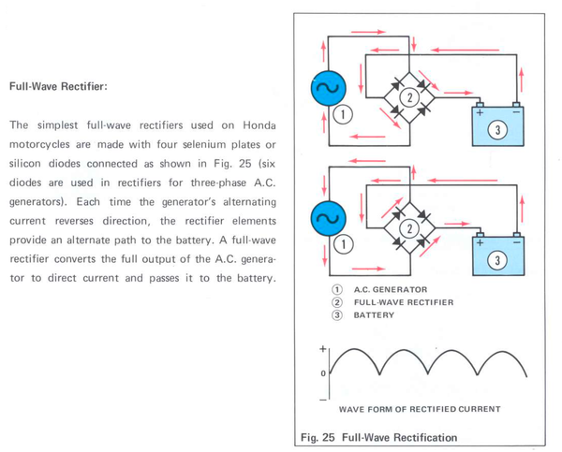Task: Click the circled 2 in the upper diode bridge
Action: coord(407,96)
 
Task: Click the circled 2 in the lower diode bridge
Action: coord(407,227)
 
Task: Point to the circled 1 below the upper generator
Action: coord(342,115)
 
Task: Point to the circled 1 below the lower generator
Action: coord(342,245)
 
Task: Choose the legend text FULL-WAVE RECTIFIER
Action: coord(404,303)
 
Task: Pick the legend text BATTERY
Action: coord(375,315)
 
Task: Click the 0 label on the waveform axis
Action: coord(323,372)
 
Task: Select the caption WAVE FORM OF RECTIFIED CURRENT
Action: coord(420,409)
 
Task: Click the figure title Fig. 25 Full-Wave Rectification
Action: coord(379,437)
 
